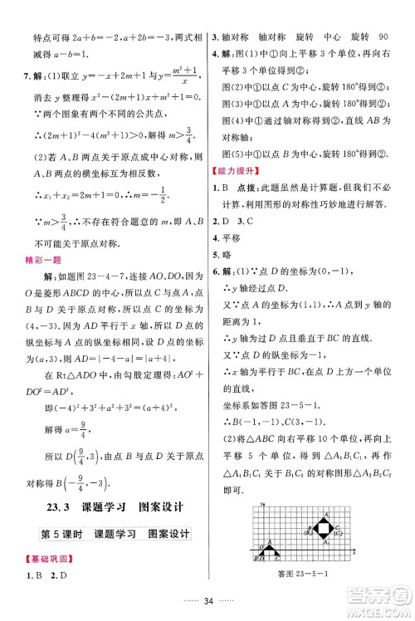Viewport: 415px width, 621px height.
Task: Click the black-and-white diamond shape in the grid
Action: tap(322, 526)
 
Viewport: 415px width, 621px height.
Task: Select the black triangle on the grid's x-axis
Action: tap(271, 550)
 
